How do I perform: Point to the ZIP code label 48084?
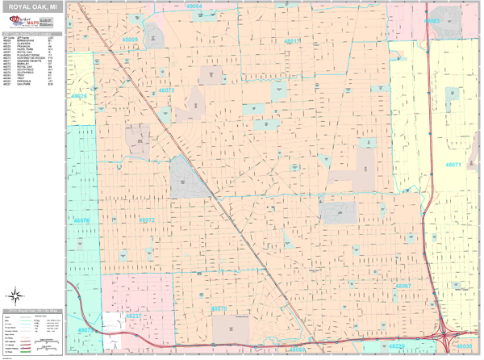point(193,6)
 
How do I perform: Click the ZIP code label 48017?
point(291,40)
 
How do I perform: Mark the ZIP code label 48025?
point(79,96)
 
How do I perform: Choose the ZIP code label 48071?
point(453,165)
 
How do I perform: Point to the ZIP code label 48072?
point(147,220)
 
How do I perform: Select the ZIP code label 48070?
point(219,308)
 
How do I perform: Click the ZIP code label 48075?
point(86,330)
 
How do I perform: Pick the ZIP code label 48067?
point(403,287)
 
